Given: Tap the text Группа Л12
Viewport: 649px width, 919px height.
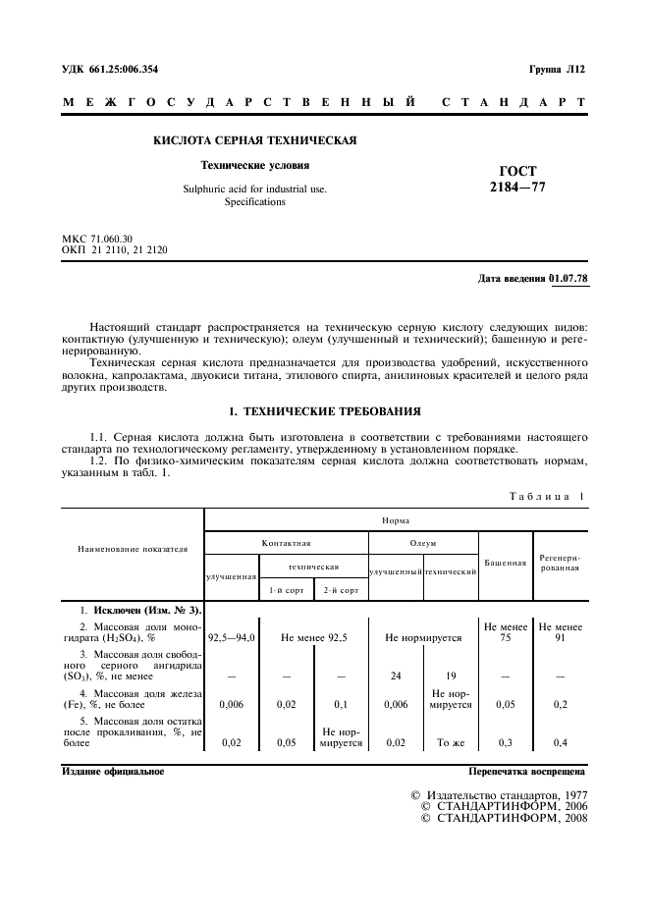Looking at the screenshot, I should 557,70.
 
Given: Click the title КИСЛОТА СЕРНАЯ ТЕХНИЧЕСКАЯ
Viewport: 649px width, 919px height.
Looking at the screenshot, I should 254,140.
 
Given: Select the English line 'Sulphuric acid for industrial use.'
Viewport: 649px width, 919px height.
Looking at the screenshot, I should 254,189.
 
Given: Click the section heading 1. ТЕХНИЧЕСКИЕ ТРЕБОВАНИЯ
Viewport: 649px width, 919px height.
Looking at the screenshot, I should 324,410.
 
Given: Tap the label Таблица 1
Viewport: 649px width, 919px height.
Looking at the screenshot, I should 545,497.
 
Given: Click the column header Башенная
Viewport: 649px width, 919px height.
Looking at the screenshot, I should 505,563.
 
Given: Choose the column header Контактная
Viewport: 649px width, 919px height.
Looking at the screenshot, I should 286,542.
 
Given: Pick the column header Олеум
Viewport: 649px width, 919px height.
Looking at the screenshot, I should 423,542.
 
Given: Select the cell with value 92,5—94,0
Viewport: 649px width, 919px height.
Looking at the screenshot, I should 232,637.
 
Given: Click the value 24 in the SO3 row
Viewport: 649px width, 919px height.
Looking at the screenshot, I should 396,676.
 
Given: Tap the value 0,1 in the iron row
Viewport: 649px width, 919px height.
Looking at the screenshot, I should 340,705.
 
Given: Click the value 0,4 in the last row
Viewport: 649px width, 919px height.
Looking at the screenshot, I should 561,743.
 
